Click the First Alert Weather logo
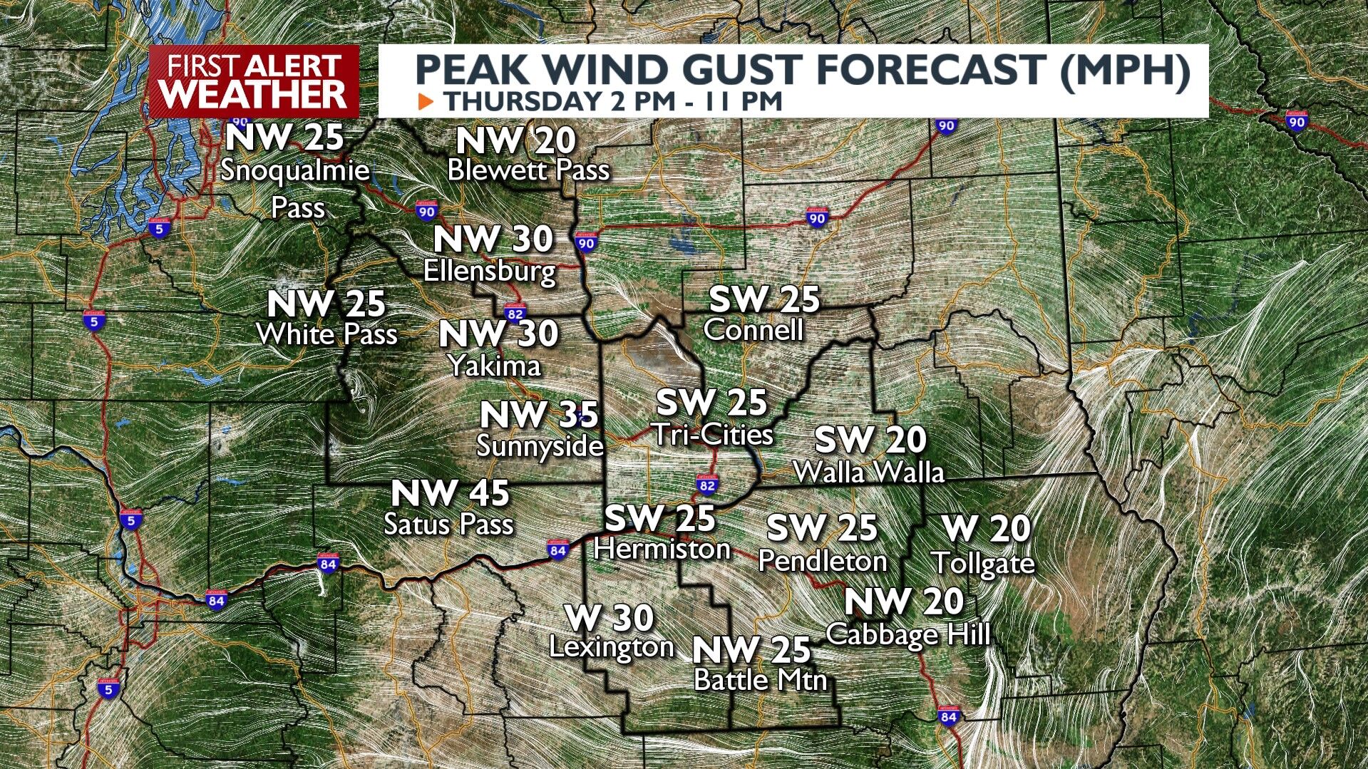pos(254,81)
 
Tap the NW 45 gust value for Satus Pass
pos(451,493)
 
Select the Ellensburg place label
pos(490,271)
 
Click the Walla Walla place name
pos(868,472)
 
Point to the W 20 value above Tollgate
pos(986,529)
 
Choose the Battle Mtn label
pos(760,680)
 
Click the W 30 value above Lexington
pos(609,618)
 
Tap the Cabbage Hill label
pos(908,634)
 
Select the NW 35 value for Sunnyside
pos(539,415)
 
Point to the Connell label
pos(753,330)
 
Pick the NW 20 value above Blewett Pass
pos(515,140)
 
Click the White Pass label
pos(326,334)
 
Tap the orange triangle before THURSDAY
pos(426,101)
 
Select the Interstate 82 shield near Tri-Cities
pos(706,486)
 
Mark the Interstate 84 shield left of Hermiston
pos(557,550)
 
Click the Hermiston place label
pos(662,549)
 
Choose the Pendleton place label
pos(822,561)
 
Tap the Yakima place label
pos(495,366)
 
